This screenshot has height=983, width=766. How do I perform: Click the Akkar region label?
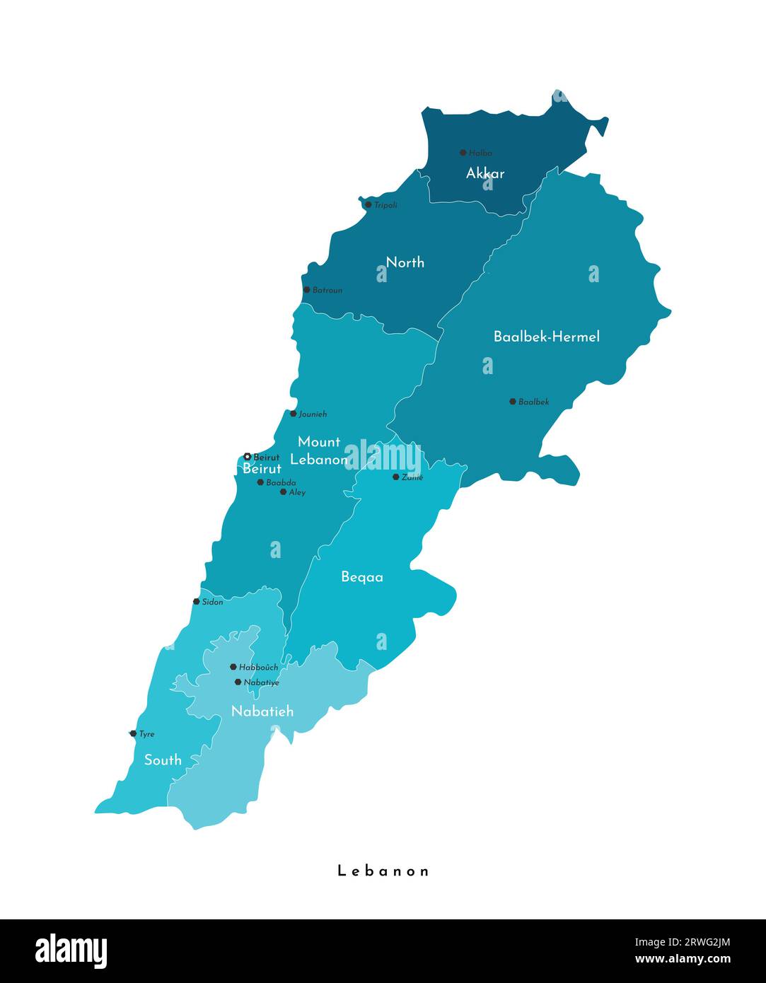(485, 173)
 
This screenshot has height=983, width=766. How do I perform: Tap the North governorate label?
(405, 262)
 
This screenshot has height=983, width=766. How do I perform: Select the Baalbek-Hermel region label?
(546, 337)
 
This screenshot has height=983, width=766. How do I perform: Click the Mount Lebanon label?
(319, 450)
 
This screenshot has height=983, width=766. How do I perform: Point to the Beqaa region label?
(362, 577)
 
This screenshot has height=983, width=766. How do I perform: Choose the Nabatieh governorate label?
(262, 711)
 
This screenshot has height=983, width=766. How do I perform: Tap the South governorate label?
(163, 760)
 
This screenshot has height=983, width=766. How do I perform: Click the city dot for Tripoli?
(368, 205)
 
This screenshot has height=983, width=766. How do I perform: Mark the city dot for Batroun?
(306, 290)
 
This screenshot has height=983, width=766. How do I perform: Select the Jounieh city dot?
(294, 414)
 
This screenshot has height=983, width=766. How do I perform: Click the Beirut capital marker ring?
(247, 457)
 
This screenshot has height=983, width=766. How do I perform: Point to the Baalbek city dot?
(513, 402)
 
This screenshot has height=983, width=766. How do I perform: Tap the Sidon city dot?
(197, 602)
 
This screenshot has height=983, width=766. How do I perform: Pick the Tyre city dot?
(133, 734)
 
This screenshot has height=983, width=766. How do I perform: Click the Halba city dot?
(463, 153)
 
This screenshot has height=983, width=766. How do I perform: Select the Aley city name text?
(297, 492)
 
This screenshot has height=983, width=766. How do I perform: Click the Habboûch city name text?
(258, 667)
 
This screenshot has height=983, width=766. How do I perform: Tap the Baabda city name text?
(281, 482)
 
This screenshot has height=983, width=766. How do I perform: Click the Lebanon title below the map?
(383, 871)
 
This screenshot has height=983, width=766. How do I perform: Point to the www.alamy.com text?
(683, 959)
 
